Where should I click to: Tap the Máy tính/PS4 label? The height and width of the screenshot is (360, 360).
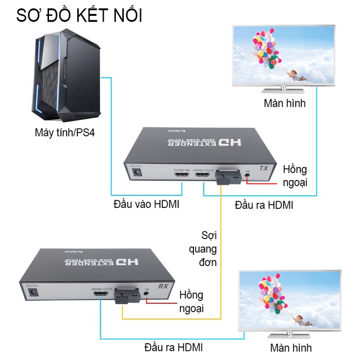pyautogui.click(x=65, y=132)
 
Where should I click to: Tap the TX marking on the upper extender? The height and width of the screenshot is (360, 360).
pyautogui.click(x=263, y=169)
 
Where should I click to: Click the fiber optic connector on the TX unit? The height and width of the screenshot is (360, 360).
pyautogui.click(x=229, y=178)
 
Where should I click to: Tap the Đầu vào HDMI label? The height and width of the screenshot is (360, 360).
pyautogui.click(x=146, y=204)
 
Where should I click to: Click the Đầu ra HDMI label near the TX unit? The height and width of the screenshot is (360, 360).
pyautogui.click(x=264, y=205)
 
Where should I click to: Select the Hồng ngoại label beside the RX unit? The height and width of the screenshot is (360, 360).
pyautogui.click(x=191, y=301)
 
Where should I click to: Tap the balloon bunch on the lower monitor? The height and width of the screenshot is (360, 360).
pyautogui.click(x=269, y=288)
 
